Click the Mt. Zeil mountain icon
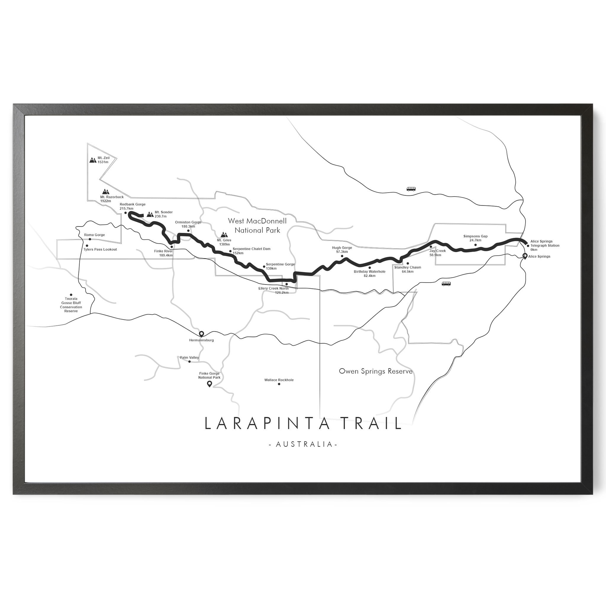pyautogui.click(x=93, y=160)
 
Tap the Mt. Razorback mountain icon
pyautogui.click(x=105, y=191)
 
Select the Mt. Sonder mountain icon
pyautogui.click(x=150, y=214)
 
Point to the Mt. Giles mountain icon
pyautogui.click(x=224, y=234)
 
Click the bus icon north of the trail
pyautogui.click(x=411, y=189)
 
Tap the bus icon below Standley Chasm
pyautogui.click(x=446, y=283)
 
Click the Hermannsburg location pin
pyautogui.click(x=202, y=334)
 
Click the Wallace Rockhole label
pyautogui.click(x=279, y=380)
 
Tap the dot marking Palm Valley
pyautogui.click(x=189, y=362)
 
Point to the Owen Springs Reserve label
pyautogui.click(x=375, y=371)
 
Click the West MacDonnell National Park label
pyautogui.click(x=257, y=225)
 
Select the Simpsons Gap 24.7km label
pyautogui.click(x=475, y=238)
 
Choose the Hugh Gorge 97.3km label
pyautogui.click(x=342, y=250)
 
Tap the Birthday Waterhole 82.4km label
pyautogui.click(x=370, y=273)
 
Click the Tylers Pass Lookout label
pyautogui.click(x=100, y=249)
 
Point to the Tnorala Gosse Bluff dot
pyautogui.click(x=71, y=295)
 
